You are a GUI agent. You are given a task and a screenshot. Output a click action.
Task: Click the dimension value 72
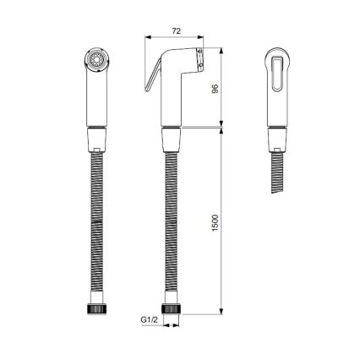(x=176, y=30)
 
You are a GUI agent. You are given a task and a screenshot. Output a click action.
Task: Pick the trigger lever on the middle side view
(x=151, y=81)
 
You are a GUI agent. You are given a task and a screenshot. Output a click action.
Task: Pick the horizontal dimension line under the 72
(x=176, y=38)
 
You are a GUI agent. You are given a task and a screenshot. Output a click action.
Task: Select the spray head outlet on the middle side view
(x=199, y=60)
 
